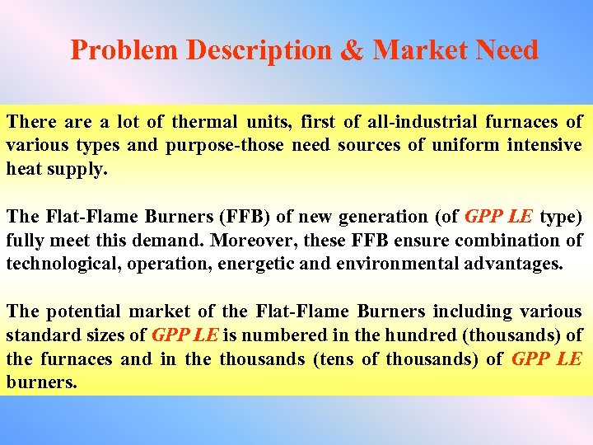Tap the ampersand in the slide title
click(x=352, y=50)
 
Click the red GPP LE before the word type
click(x=498, y=218)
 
